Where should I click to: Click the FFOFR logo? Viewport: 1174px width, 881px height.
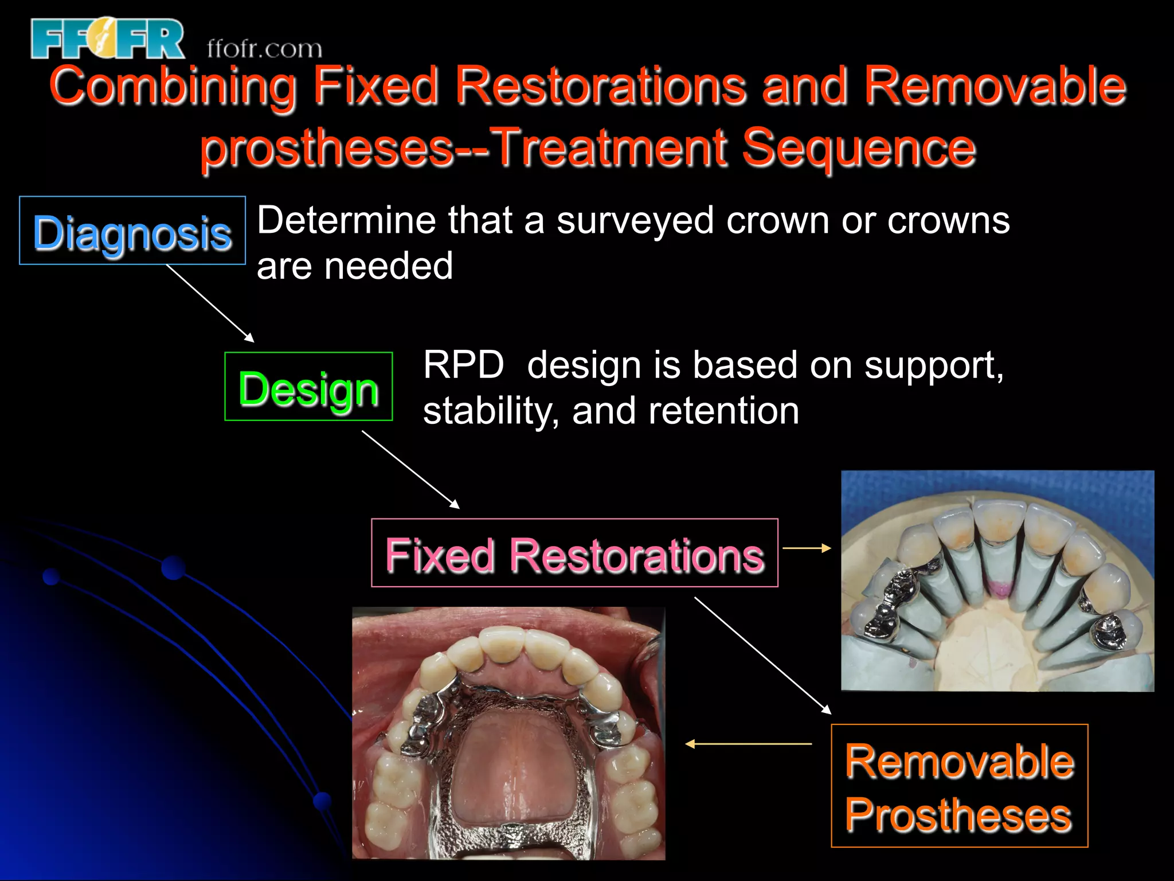click(x=108, y=39)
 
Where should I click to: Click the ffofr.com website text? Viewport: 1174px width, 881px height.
click(x=264, y=49)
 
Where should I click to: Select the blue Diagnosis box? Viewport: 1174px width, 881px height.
click(x=132, y=231)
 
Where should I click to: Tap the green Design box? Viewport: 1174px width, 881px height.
click(x=308, y=387)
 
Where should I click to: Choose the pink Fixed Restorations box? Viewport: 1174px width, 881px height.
click(x=574, y=553)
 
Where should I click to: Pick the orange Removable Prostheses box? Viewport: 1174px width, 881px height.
click(x=959, y=785)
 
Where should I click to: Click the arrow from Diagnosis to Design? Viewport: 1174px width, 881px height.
click(x=210, y=303)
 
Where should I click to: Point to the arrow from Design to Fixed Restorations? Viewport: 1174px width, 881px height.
click(x=410, y=470)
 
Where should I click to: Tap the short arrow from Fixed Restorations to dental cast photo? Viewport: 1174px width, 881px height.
click(x=807, y=548)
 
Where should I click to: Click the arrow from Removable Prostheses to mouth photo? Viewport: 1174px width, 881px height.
click(x=748, y=744)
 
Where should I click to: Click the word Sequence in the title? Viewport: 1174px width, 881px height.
click(x=858, y=148)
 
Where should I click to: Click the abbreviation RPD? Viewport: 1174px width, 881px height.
click(x=463, y=365)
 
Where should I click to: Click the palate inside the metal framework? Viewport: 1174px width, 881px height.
click(x=508, y=769)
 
